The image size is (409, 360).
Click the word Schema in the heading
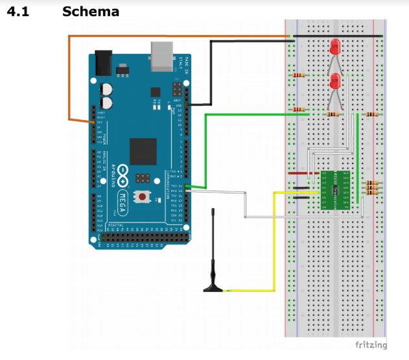[x=91, y=12]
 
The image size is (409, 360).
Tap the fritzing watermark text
[x=371, y=344]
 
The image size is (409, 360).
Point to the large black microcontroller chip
[x=143, y=151]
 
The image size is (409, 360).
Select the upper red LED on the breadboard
[x=335, y=47]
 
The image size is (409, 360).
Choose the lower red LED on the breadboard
[x=335, y=81]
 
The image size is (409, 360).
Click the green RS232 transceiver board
[x=335, y=189]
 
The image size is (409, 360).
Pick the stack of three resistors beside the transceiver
[x=371, y=188]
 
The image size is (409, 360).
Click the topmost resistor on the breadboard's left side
[x=298, y=75]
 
